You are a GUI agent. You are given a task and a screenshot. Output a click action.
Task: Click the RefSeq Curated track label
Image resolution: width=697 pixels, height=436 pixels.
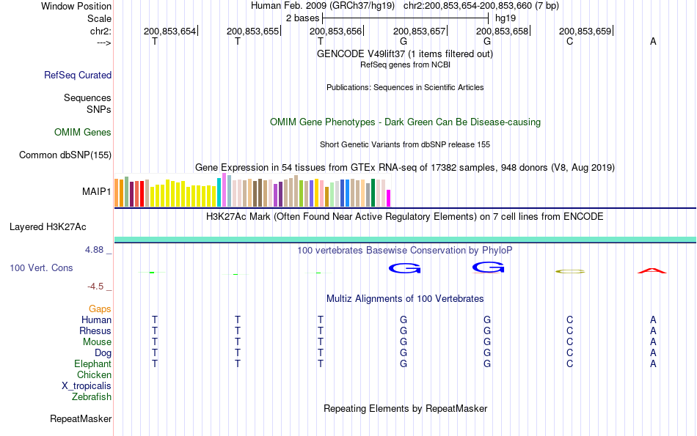click(x=78, y=75)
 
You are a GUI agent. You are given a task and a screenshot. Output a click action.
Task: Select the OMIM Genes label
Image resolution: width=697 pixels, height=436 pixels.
click(x=83, y=133)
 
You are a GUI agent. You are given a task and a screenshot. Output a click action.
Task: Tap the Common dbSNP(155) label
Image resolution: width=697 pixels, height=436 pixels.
click(x=65, y=155)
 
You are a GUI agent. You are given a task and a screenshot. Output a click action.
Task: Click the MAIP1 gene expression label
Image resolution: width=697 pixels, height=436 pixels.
click(x=97, y=192)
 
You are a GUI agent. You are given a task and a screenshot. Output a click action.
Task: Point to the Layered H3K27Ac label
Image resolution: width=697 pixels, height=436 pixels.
click(x=48, y=226)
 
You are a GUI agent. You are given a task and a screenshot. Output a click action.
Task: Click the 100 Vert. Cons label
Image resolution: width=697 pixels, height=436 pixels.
click(x=41, y=268)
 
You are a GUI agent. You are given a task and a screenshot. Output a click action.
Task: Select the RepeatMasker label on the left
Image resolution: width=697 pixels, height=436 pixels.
click(x=81, y=419)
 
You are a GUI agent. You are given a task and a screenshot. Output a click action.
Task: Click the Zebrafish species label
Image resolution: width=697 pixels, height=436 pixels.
click(x=92, y=397)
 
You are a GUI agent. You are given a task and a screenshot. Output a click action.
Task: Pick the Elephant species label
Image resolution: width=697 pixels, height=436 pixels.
click(x=92, y=364)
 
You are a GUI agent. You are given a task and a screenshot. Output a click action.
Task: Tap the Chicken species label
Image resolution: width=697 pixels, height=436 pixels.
click(x=94, y=375)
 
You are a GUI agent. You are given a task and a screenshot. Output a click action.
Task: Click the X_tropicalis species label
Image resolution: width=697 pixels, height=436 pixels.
click(x=87, y=386)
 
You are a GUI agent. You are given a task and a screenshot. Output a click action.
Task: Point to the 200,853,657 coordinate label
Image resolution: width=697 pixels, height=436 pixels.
click(x=419, y=32)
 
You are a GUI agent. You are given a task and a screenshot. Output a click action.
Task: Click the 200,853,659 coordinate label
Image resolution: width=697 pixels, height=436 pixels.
click(x=585, y=32)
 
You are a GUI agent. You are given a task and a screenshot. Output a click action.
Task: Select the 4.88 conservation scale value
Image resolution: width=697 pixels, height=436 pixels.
click(x=95, y=250)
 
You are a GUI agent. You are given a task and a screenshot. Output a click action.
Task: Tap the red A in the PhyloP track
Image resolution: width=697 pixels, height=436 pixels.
click(x=652, y=271)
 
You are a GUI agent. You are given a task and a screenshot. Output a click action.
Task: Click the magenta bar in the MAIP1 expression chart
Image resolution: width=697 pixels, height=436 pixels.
click(x=389, y=199)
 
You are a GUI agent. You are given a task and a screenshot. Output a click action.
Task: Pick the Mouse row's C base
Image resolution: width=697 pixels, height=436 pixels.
click(x=569, y=342)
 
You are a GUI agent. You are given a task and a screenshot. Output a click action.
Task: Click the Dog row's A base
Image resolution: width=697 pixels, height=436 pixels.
click(x=653, y=353)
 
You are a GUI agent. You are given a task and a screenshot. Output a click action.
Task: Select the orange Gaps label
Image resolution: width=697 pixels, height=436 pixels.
click(x=100, y=309)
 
